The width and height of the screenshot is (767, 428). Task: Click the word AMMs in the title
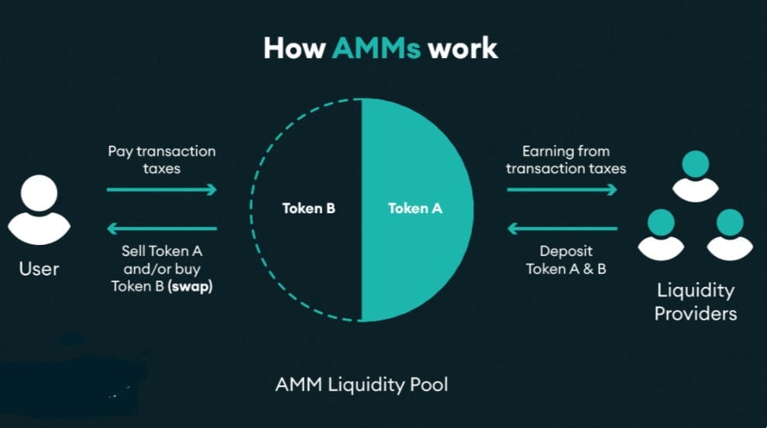[x=376, y=48]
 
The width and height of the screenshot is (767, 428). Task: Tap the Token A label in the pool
[x=415, y=208]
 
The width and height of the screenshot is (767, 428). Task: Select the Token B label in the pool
[x=308, y=208]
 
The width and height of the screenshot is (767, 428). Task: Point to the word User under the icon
[x=39, y=269]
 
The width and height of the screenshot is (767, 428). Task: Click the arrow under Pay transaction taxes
[x=161, y=189]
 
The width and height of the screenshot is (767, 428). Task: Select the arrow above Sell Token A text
[x=161, y=228]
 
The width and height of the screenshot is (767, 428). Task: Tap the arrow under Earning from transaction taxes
[x=562, y=189]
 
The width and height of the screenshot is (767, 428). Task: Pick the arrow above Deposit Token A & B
[x=562, y=228]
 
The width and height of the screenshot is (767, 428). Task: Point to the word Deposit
[x=566, y=251]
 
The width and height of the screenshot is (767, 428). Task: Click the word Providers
[x=695, y=313]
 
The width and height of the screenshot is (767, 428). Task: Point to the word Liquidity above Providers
[x=695, y=291]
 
